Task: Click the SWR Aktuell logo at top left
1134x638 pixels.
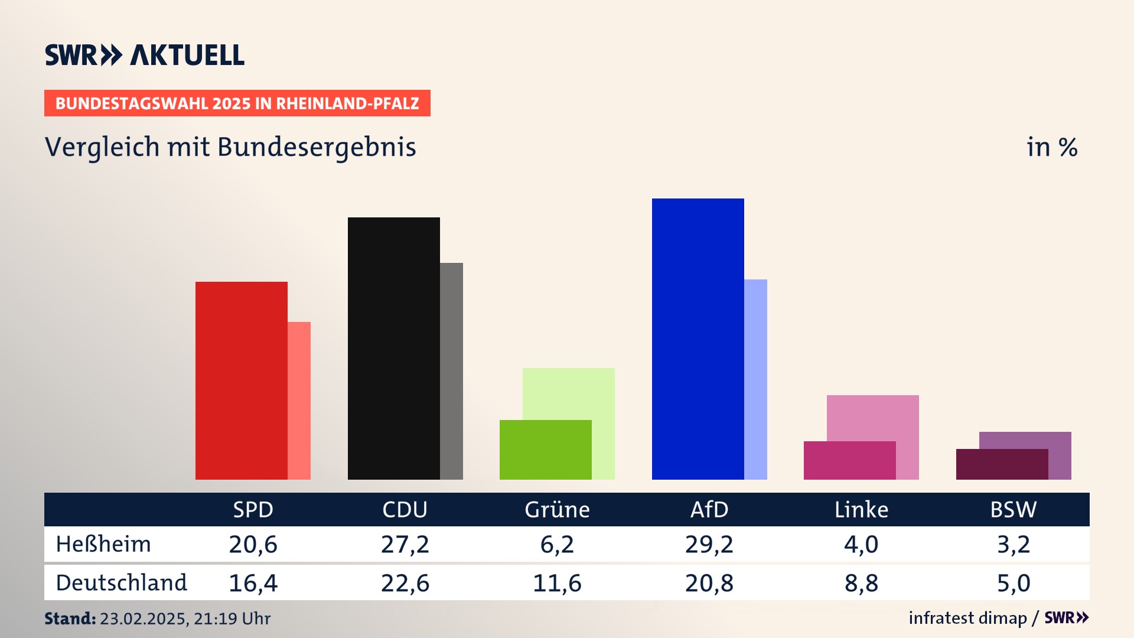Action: [x=144, y=55]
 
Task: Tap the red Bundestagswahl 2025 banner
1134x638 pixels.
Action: [x=237, y=103]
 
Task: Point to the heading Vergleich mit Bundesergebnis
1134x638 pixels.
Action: [x=230, y=147]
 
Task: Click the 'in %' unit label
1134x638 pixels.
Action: [x=1051, y=148]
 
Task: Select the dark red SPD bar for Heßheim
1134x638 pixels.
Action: [x=241, y=380]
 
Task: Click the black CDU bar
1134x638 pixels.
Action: [x=393, y=349]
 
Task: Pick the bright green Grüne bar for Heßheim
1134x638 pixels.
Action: [x=545, y=450]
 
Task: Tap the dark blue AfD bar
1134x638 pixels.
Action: [x=698, y=339]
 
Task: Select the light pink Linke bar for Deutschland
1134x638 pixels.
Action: [x=873, y=417]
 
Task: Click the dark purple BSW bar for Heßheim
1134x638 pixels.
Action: [x=1002, y=464]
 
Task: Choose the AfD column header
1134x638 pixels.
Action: [x=709, y=510]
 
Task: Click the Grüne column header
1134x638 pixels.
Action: [x=557, y=510]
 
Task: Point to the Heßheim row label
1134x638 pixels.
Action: [x=103, y=544]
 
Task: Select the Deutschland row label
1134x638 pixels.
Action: [x=121, y=583]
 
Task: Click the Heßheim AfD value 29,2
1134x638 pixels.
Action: [x=709, y=544]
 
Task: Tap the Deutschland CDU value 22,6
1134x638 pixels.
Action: [x=405, y=583]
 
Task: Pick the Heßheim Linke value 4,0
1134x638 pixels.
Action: [x=861, y=544]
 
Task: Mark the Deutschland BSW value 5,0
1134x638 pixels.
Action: [x=1014, y=583]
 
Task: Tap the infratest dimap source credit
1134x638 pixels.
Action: [x=967, y=618]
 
